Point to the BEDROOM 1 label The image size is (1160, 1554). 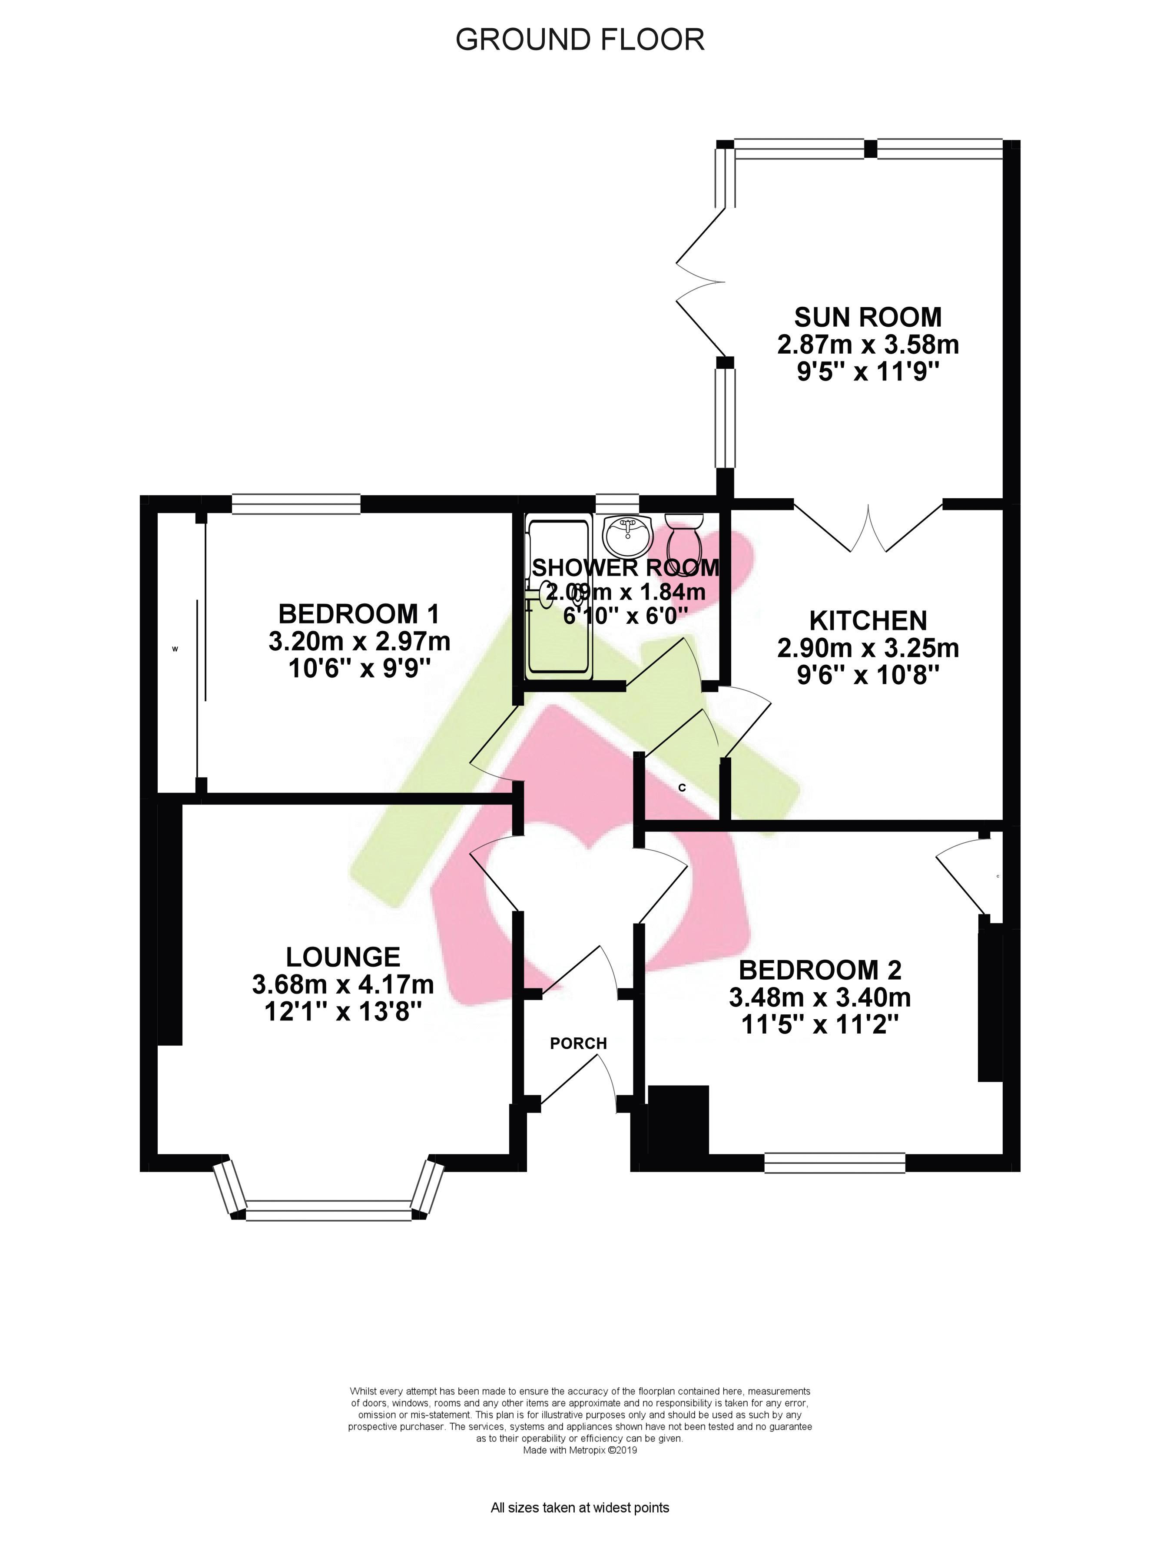(x=359, y=614)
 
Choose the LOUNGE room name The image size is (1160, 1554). (x=343, y=957)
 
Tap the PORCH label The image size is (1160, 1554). (x=578, y=1044)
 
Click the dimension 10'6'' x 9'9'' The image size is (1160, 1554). (x=359, y=669)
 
